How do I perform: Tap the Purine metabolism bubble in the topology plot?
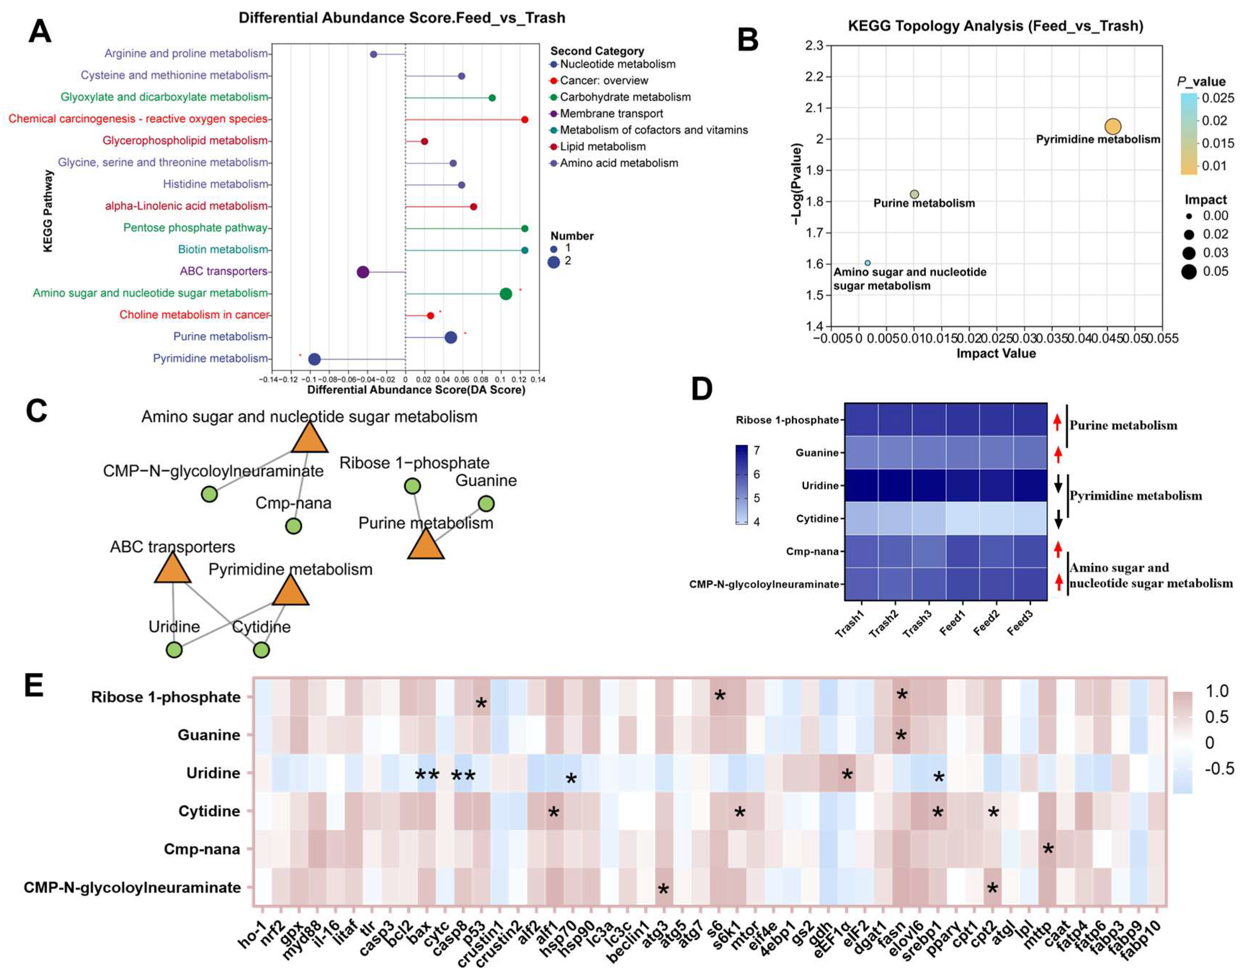click(x=914, y=194)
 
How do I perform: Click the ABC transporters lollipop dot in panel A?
click(x=363, y=272)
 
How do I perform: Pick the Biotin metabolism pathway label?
click(x=222, y=249)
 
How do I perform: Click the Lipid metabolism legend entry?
click(x=602, y=146)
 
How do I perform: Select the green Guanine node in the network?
click(x=486, y=503)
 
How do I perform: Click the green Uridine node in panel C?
click(x=174, y=650)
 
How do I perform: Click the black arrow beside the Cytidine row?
click(x=1058, y=519)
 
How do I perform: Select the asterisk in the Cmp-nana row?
click(x=1048, y=849)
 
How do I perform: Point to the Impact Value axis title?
click(x=995, y=353)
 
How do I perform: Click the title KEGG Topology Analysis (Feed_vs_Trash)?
click(x=995, y=26)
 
